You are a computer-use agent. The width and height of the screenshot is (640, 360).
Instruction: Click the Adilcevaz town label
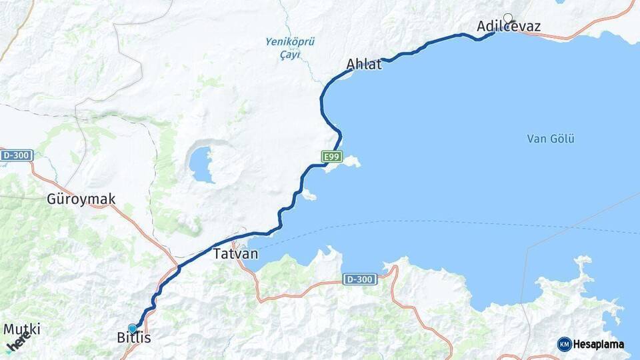point(509,27)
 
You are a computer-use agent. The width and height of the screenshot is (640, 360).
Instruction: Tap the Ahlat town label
point(364,65)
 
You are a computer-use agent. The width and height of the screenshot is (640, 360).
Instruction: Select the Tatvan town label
point(235,254)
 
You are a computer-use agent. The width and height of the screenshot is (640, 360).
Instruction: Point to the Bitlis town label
point(134,338)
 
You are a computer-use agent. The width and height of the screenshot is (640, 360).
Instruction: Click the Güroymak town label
point(81,199)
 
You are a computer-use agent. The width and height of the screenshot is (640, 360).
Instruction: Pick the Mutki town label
point(22,329)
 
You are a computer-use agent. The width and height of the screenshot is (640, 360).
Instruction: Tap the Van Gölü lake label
point(551,139)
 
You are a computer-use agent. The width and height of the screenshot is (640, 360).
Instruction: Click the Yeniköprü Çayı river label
point(290,47)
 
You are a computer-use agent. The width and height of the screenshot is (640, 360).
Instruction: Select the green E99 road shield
point(331,157)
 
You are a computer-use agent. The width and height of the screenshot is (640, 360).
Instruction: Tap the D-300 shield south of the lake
point(359,280)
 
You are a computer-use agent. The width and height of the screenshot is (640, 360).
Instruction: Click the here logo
point(18,341)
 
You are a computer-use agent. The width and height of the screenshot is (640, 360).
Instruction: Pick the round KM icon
point(565,344)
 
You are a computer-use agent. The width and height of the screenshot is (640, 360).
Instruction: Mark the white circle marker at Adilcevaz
point(508,18)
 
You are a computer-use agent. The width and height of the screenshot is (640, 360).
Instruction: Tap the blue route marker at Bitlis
point(133,328)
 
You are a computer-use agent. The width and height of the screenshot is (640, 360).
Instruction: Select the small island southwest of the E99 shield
point(308,195)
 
